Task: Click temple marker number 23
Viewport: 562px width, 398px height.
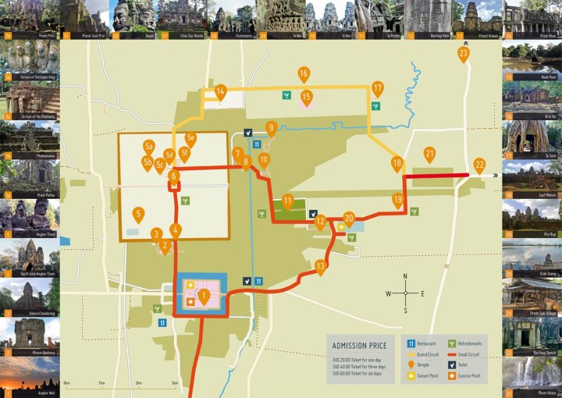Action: coord(464,54)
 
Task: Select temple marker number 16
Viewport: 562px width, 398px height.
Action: coord(304,74)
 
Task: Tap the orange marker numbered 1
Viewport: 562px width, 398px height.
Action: coord(204,295)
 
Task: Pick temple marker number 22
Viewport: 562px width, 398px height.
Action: coord(479,165)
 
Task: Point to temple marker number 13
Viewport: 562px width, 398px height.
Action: coord(320,267)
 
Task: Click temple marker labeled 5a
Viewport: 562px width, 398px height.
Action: coord(149,146)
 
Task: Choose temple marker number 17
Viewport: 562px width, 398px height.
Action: coord(378,88)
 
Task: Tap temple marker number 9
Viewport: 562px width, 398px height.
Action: coord(272,127)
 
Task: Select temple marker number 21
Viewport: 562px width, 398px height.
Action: coord(429,154)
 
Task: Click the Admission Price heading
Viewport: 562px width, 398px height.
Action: coord(360,345)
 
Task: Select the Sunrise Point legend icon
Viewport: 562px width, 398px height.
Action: coord(454,375)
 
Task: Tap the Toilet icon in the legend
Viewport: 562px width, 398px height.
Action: coord(454,364)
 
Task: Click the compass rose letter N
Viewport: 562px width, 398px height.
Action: coord(405,276)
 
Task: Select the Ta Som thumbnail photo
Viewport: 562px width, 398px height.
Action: coord(532,138)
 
